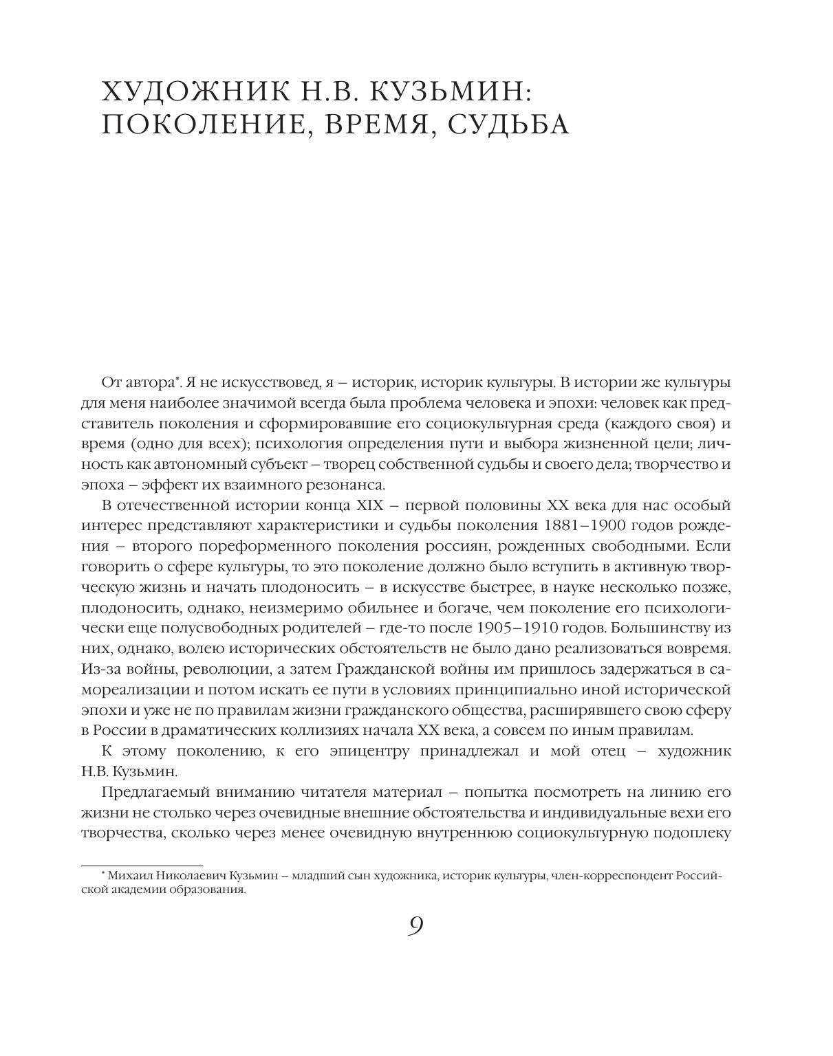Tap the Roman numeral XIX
click(371, 505)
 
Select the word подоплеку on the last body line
click(694, 833)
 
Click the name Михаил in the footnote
click(129, 876)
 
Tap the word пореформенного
click(252, 547)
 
